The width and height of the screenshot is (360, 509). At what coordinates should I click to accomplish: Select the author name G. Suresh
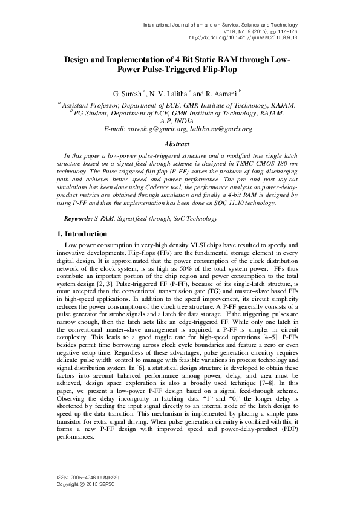click(x=129, y=94)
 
